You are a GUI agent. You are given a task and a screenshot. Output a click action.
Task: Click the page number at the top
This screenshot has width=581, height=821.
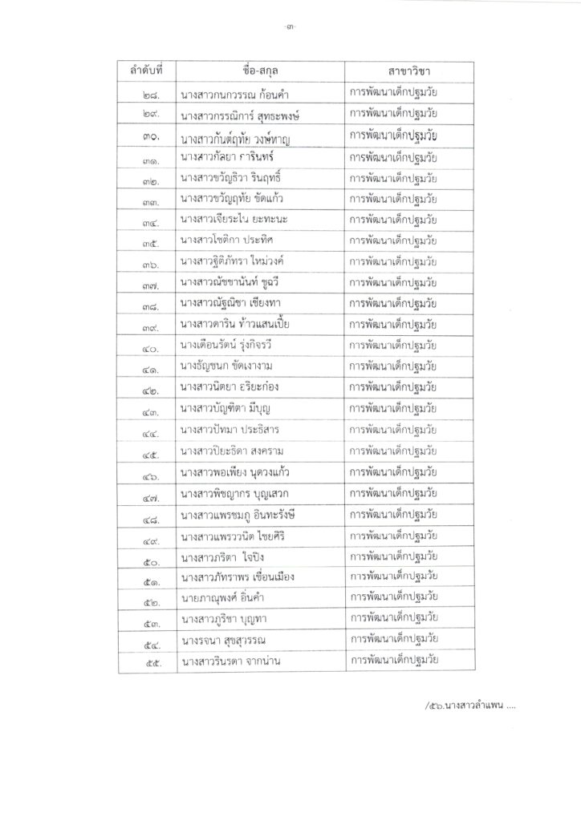pos(290,30)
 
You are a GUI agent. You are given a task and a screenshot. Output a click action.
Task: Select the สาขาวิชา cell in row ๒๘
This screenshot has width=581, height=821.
pos(392,94)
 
